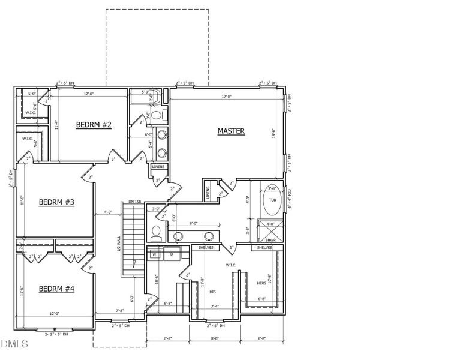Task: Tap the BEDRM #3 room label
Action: coord(56,202)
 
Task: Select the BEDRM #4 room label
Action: coord(56,289)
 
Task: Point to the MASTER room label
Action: coord(231,131)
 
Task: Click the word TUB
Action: coord(273,200)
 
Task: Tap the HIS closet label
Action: coord(212,292)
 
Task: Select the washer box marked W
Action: coord(154,254)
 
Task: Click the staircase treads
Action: coord(130,240)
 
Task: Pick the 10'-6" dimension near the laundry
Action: coord(156,278)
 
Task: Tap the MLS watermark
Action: coord(14,344)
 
